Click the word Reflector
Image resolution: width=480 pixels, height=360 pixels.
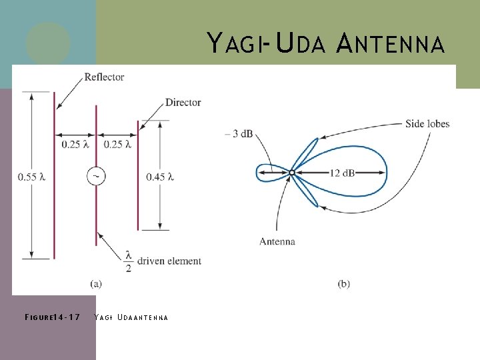104,77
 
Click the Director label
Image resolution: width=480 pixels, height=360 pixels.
183,102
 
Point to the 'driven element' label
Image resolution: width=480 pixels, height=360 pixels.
170,261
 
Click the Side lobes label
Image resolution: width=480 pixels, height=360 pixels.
427,123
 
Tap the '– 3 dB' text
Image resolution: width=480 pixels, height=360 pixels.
239,133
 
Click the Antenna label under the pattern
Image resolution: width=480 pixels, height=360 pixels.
277,241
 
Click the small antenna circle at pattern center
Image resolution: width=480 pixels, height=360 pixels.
291,173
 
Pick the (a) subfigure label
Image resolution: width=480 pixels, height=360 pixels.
96,283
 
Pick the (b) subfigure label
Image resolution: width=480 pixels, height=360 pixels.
343,283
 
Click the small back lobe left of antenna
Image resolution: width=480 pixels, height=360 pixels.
270,173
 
